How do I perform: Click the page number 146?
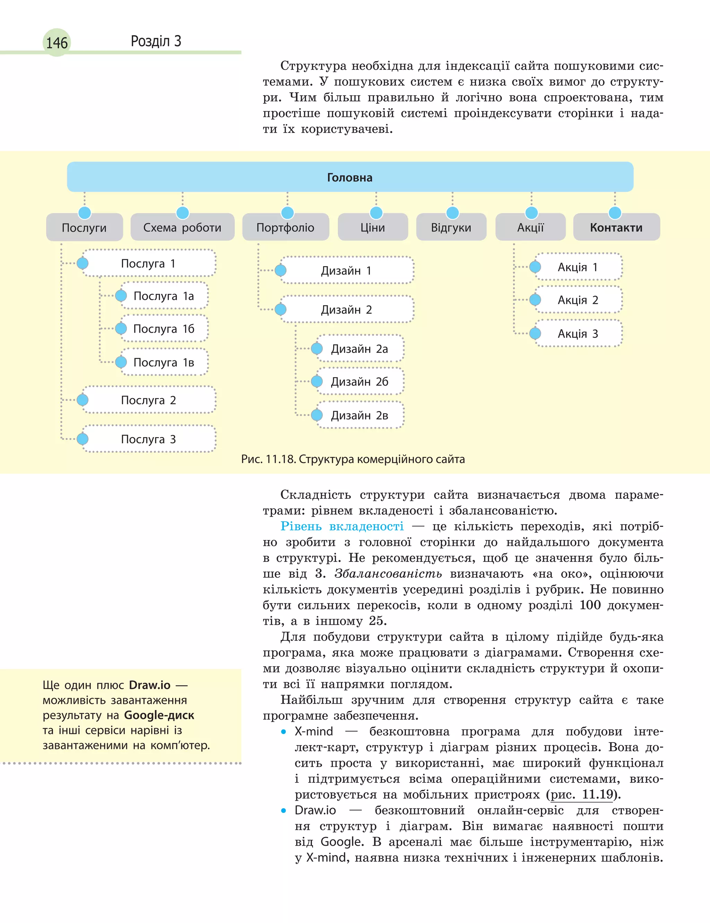coord(57,43)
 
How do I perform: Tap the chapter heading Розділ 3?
coord(156,41)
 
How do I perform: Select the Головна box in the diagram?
coord(350,177)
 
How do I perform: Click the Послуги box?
coord(84,228)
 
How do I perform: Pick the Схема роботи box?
coord(182,228)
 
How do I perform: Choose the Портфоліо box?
coord(285,228)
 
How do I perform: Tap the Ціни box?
coord(373,228)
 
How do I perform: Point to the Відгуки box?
coord(451,228)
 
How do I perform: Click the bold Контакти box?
coord(616,228)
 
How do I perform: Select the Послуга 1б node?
coord(164,329)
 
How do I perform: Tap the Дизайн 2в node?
coord(360,415)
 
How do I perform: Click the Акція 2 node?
coord(578,300)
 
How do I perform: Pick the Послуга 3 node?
coord(148,439)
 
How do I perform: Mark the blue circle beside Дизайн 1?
coord(280,270)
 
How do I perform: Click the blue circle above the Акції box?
coord(531,212)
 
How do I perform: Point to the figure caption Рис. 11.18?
coord(353,459)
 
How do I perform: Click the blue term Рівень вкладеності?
coord(342,526)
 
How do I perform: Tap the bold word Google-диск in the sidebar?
coord(159,715)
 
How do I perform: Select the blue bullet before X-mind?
coord(284,732)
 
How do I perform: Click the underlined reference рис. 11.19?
coord(581,794)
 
